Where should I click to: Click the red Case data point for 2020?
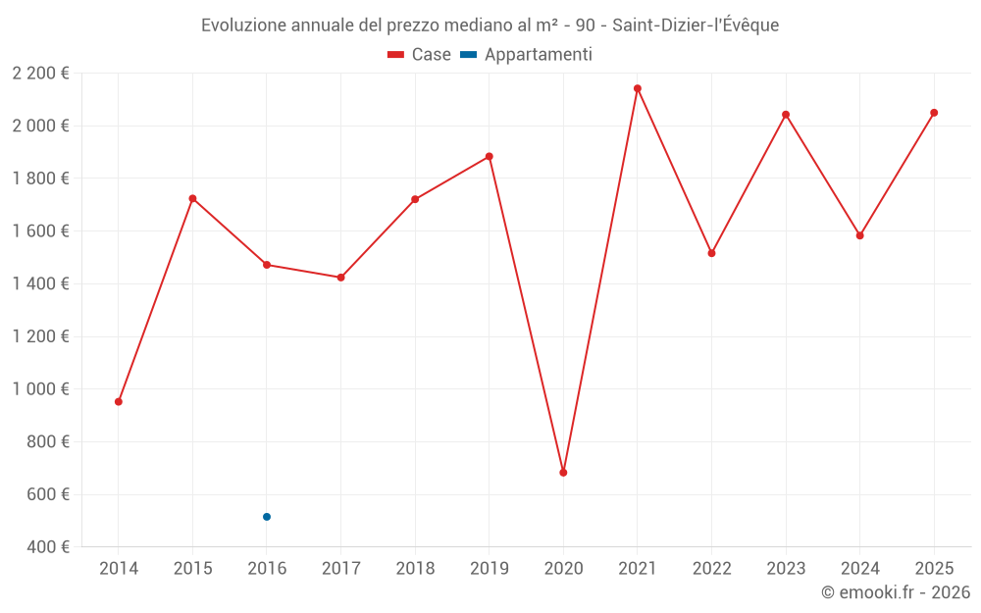pyautogui.click(x=563, y=473)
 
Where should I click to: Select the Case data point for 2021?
pyautogui.click(x=638, y=88)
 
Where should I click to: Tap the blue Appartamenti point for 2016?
pyautogui.click(x=267, y=517)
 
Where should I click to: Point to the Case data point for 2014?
pyautogui.click(x=119, y=401)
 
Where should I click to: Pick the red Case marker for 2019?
pyautogui.click(x=490, y=156)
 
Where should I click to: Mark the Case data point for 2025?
pyautogui.click(x=934, y=113)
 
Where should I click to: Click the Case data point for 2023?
pyautogui.click(x=786, y=115)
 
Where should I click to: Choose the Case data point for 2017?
pyautogui.click(x=340, y=278)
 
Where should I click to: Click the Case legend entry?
pyautogui.click(x=419, y=55)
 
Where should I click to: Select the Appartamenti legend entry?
pyautogui.click(x=527, y=55)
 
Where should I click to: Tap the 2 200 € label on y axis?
pyautogui.click(x=41, y=73)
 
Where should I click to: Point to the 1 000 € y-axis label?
pyautogui.click(x=41, y=388)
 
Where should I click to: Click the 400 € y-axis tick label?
pyautogui.click(x=46, y=546)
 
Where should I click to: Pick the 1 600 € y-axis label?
pyautogui.click(x=41, y=230)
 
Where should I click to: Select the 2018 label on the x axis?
pyautogui.click(x=415, y=568)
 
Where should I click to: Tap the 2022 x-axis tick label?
pyautogui.click(x=711, y=568)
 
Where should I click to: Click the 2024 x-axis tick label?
pyautogui.click(x=859, y=568)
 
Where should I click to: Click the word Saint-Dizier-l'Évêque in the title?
pyautogui.click(x=696, y=26)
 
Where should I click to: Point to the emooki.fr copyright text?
pyautogui.click(x=896, y=592)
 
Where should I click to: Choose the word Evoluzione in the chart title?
pyautogui.click(x=243, y=26)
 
